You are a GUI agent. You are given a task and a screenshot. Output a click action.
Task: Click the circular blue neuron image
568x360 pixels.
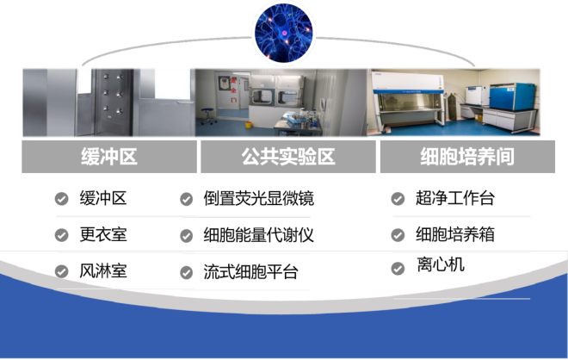(x=284, y=34)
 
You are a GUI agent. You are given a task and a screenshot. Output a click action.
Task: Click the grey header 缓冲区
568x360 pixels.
(x=109, y=157)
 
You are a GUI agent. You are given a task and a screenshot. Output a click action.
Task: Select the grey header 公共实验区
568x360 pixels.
(x=288, y=157)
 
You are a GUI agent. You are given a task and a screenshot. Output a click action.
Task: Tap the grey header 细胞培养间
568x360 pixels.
(x=467, y=157)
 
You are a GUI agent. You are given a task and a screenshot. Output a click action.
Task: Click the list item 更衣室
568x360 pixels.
(x=103, y=234)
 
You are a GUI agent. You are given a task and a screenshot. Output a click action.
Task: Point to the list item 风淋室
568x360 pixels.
(x=103, y=271)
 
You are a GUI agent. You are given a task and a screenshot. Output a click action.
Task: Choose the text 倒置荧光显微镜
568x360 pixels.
(x=259, y=199)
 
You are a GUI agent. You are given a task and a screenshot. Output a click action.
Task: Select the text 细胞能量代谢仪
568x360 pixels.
(x=259, y=235)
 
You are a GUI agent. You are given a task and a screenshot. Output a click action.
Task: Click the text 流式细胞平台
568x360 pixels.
(x=250, y=272)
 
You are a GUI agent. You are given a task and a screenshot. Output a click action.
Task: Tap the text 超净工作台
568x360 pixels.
(x=455, y=198)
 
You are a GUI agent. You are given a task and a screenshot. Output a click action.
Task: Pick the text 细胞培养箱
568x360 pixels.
(x=455, y=234)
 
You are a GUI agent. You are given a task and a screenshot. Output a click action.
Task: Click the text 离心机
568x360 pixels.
(x=441, y=264)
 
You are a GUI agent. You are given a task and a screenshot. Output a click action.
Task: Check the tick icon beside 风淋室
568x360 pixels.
(x=62, y=271)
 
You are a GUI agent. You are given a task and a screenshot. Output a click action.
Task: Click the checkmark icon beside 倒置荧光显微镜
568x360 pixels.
(x=187, y=199)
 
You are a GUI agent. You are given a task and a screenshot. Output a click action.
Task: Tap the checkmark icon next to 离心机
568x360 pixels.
(x=398, y=269)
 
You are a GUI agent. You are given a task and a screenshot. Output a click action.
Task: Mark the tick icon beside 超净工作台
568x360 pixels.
(x=398, y=199)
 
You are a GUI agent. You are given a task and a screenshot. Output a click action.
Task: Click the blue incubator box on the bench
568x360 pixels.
(x=512, y=96)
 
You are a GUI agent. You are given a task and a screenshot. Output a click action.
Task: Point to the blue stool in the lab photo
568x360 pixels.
(x=207, y=115)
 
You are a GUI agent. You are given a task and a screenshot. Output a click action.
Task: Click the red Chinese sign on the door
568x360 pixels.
(x=233, y=90)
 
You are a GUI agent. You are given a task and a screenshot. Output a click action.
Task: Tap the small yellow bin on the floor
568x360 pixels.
(x=249, y=125)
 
